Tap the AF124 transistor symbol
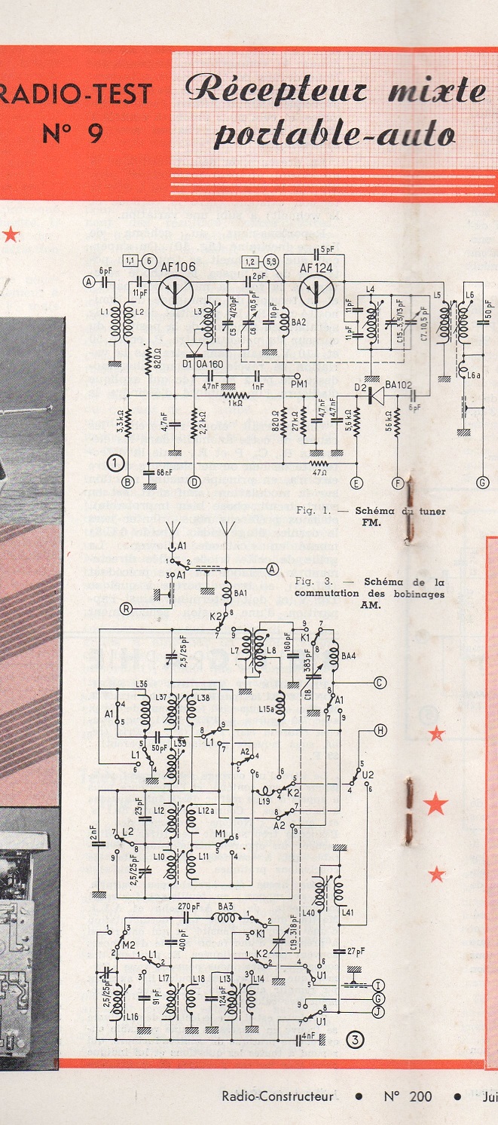[x=316, y=291]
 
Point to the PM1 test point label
[x=300, y=384]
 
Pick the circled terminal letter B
[x=128, y=482]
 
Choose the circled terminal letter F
[x=397, y=482]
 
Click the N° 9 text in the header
[x=74, y=132]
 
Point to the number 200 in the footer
[x=420, y=1096]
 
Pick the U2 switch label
[x=368, y=774]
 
